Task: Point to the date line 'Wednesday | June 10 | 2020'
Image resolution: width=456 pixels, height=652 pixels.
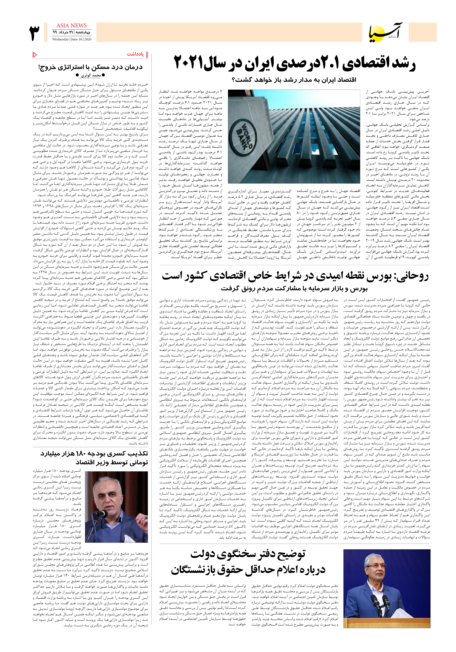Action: (71, 40)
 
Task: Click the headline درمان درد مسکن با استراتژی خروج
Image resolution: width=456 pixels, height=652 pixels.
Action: (90, 67)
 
